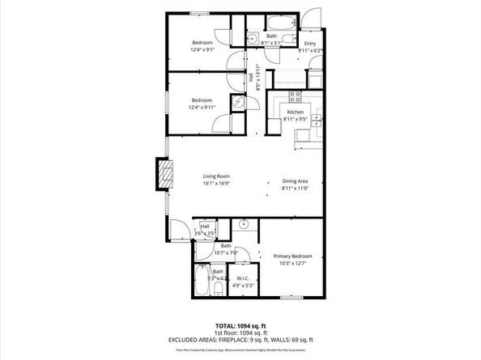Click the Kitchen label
pos(295,112)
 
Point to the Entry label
pos(309,44)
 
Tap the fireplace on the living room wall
pos(163,174)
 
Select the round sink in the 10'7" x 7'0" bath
pos(243,226)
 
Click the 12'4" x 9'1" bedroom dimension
pos(202,49)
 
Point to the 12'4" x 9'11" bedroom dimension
pos(202,106)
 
